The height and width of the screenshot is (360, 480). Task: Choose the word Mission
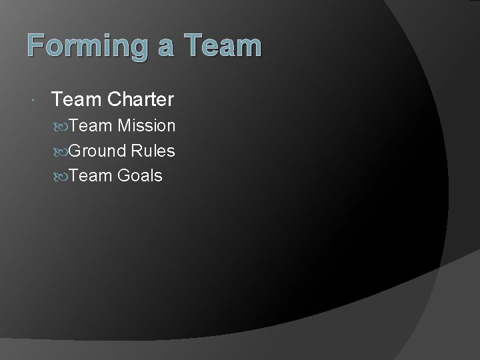point(146,126)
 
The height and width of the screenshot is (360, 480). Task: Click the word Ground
point(97,151)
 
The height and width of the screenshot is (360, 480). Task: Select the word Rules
point(153,151)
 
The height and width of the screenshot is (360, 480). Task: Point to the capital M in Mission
point(124,126)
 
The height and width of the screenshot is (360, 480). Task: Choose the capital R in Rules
point(137,151)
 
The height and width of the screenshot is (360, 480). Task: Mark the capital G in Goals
point(123,177)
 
